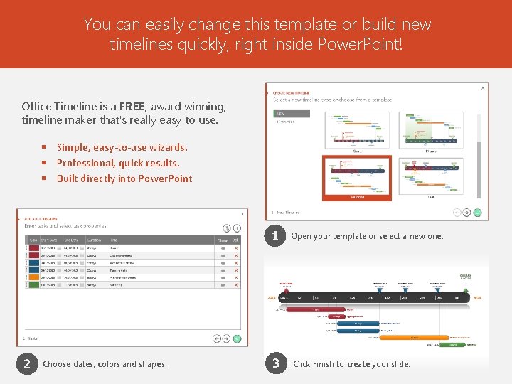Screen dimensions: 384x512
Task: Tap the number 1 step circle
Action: tap(275, 235)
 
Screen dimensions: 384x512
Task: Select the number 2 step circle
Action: tap(26, 364)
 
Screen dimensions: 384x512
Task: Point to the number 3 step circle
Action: tap(275, 364)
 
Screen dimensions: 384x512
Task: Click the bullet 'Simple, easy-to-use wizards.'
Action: tap(122, 147)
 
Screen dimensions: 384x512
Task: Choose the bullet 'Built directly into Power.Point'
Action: tap(124, 178)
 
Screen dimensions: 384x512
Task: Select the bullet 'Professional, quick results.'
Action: tap(118, 163)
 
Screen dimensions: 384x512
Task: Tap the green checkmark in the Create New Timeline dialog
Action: tap(477, 212)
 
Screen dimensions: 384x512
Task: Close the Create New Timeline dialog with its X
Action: tap(483, 88)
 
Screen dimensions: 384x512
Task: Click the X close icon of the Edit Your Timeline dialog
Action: tap(242, 213)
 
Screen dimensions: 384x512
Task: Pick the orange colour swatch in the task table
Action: tap(33, 277)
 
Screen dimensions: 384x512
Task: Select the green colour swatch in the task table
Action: tap(33, 285)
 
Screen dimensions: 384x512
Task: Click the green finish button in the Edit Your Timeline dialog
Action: tap(237, 339)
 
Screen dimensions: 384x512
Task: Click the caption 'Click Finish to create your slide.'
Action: tap(351, 364)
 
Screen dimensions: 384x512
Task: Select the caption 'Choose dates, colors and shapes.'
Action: tap(105, 364)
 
